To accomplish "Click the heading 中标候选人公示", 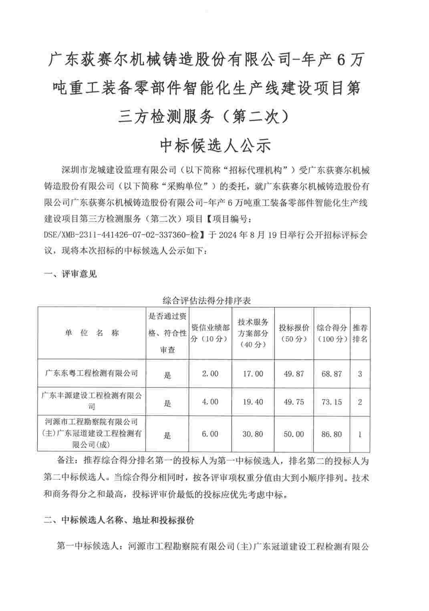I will [215, 146].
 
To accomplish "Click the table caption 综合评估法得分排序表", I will [207, 300].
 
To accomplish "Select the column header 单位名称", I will [92, 333].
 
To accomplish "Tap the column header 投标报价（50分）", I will [294, 333].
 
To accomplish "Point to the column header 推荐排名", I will [360, 333].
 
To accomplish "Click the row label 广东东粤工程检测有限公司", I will [92, 373].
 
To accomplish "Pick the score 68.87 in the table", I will [332, 374].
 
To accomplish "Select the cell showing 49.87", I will [294, 374].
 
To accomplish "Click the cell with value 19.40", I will [253, 402].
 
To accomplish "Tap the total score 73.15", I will [332, 402].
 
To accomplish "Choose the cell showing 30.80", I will [253, 434].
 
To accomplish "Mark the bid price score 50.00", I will [294, 434].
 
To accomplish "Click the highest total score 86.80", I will [332, 434].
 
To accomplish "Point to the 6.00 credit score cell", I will [210, 434].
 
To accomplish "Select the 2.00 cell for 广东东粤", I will [210, 374].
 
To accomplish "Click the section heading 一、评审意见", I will [70, 274].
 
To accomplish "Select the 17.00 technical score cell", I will [253, 374].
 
